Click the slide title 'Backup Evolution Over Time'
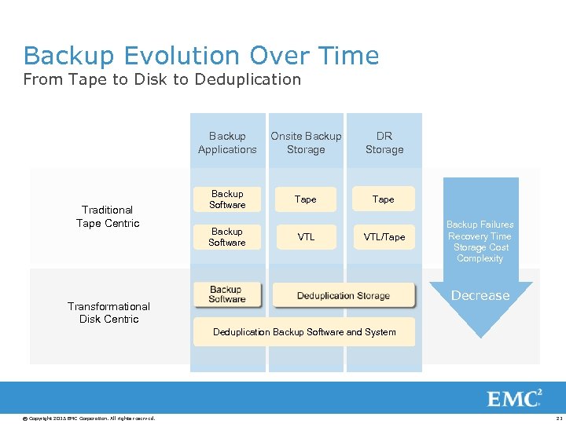[201, 56]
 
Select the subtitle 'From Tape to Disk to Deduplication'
[162, 79]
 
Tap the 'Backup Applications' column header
[227, 143]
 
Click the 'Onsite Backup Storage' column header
[306, 143]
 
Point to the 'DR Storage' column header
[384, 143]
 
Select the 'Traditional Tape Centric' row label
[108, 217]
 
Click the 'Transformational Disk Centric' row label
[108, 313]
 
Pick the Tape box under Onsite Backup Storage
[306, 199]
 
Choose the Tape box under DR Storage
[384, 199]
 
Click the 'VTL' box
[306, 237]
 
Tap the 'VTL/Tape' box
[384, 237]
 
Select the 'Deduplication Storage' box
[344, 295]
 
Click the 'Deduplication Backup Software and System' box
[304, 332]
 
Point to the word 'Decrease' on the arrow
[480, 296]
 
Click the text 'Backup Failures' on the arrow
[480, 225]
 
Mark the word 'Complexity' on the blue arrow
[480, 258]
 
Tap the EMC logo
[515, 398]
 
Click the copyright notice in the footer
[89, 418]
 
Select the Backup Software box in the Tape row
[227, 199]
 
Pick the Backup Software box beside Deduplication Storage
[227, 294]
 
